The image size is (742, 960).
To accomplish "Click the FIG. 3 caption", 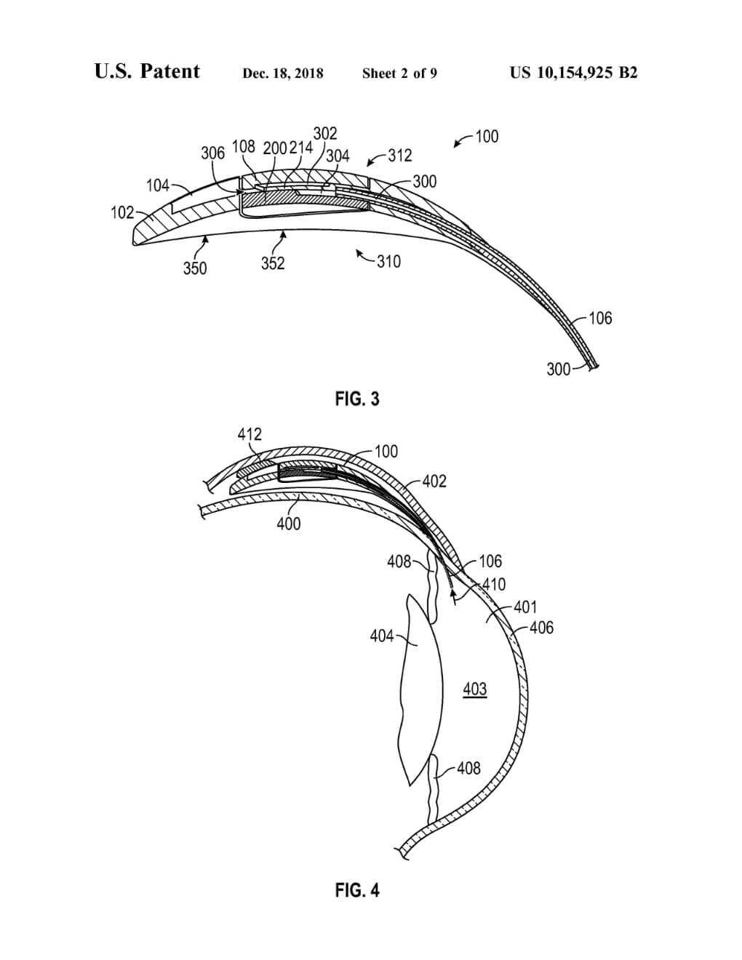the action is tap(357, 399).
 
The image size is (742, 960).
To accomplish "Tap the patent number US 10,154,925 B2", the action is tap(574, 73).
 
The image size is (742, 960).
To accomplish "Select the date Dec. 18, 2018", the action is tap(283, 73).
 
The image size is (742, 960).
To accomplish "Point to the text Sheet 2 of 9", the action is tap(399, 73).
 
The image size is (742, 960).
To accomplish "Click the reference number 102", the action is tap(122, 213).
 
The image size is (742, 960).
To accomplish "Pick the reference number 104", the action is tap(158, 185).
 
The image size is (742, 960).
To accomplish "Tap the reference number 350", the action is tap(195, 268).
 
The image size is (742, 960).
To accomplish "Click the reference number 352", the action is tap(273, 263).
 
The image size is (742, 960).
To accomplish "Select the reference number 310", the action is tap(389, 262).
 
